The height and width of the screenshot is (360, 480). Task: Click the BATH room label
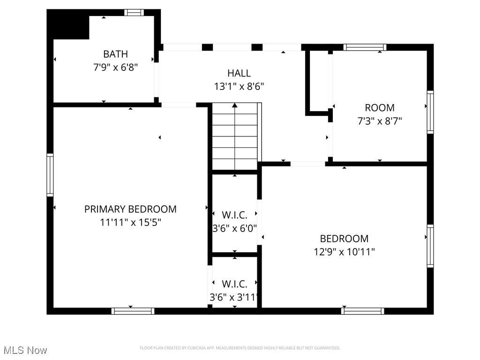(115, 54)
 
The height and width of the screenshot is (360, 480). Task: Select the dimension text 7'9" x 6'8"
(115, 67)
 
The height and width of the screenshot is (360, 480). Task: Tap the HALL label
(239, 73)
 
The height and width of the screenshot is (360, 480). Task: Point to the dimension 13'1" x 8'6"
(239, 86)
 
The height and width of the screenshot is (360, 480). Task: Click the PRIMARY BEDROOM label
(130, 209)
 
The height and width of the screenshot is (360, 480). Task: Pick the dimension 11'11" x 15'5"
(130, 222)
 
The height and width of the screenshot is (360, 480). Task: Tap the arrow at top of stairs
(235, 106)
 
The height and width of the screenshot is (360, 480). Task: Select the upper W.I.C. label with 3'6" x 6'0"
(234, 215)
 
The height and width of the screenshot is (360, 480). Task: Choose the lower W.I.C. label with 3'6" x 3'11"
(234, 284)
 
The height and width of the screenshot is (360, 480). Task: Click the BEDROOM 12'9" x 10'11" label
(344, 238)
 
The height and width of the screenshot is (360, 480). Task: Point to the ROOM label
(380, 108)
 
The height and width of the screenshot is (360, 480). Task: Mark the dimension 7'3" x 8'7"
(380, 121)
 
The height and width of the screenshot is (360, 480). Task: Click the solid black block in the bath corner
(69, 25)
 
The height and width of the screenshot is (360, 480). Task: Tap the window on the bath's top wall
(134, 13)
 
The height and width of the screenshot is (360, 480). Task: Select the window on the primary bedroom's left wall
(50, 174)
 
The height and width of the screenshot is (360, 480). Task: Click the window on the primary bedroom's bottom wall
(133, 311)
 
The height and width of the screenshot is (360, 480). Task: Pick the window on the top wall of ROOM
(365, 47)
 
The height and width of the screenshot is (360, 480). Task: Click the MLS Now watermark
(25, 350)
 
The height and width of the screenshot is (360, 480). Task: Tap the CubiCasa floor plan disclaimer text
(240, 348)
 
